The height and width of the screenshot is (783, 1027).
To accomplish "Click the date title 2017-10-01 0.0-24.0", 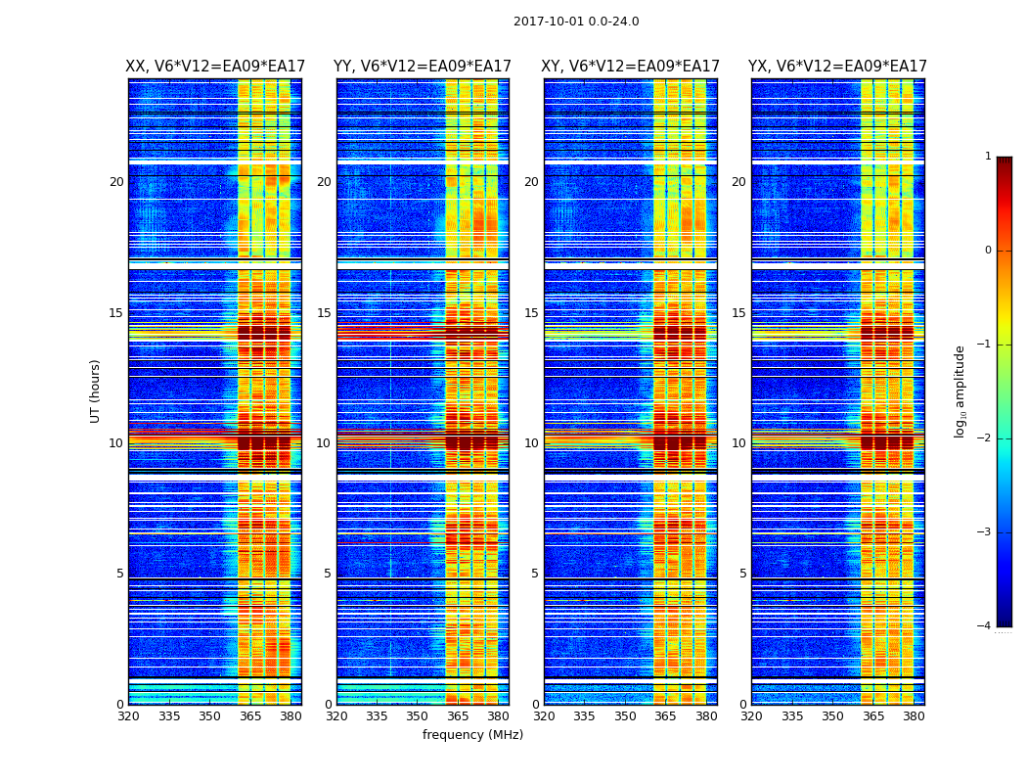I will pyautogui.click(x=576, y=22).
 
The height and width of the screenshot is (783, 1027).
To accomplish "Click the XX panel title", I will pyautogui.click(x=215, y=67).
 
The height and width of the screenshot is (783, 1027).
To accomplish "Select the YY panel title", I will pyautogui.click(x=423, y=67).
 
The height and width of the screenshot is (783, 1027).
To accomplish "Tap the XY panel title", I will pyautogui.click(x=630, y=67).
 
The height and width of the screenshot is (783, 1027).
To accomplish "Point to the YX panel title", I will pyautogui.click(x=837, y=67).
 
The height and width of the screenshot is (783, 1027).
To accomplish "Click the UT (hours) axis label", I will pyautogui.click(x=96, y=391).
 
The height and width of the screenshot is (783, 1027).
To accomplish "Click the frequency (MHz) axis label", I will pyautogui.click(x=472, y=735).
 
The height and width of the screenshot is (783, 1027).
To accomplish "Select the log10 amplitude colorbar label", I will pyautogui.click(x=960, y=391).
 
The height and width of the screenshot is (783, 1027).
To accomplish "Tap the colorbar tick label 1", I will pyautogui.click(x=988, y=157).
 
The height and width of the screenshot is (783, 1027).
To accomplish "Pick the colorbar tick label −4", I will pyautogui.click(x=985, y=626).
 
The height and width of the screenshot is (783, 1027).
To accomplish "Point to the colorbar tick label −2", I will pyautogui.click(x=985, y=438).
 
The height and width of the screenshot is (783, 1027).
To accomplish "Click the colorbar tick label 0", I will pyautogui.click(x=988, y=251).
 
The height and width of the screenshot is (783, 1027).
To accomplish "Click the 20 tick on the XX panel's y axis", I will pyautogui.click(x=116, y=182).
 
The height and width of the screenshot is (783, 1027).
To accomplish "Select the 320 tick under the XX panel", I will pyautogui.click(x=128, y=716).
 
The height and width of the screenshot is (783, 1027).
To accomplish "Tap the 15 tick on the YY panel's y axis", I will pyautogui.click(x=324, y=313).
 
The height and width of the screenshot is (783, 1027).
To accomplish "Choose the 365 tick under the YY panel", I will pyautogui.click(x=458, y=716).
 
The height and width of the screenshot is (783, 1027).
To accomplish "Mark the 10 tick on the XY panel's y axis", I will pyautogui.click(x=531, y=443).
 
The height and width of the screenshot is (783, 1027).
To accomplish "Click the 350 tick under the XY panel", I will pyautogui.click(x=625, y=716).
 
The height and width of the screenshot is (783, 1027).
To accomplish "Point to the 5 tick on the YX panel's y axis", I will pyautogui.click(x=743, y=574).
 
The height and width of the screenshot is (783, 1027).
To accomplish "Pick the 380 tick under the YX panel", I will pyautogui.click(x=914, y=716).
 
